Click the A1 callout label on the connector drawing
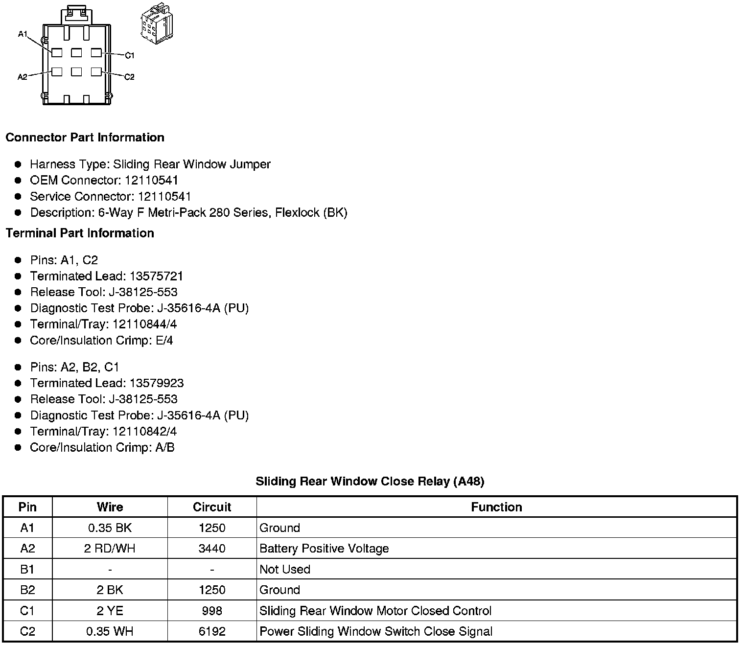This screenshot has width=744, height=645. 23,34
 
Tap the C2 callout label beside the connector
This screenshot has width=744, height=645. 129,77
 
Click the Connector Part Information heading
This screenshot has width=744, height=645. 85,138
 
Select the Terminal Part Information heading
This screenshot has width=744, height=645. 80,233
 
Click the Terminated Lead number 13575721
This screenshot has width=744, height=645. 156,276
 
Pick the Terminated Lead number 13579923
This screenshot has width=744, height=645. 156,383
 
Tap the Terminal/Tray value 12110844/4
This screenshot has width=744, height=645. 144,324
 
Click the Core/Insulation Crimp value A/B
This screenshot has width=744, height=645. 164,448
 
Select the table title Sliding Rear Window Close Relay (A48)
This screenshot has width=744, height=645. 370,482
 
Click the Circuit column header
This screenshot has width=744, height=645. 212,507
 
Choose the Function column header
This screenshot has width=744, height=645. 496,507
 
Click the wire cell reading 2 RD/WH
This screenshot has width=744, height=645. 110,549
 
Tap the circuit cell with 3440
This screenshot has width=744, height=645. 212,549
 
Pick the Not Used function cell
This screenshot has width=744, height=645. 285,570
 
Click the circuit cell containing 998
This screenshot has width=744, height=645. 212,611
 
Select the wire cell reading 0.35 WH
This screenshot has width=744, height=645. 110,632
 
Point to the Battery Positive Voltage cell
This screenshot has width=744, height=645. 324,549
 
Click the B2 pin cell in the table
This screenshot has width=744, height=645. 27,590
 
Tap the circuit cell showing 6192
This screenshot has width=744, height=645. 212,632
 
